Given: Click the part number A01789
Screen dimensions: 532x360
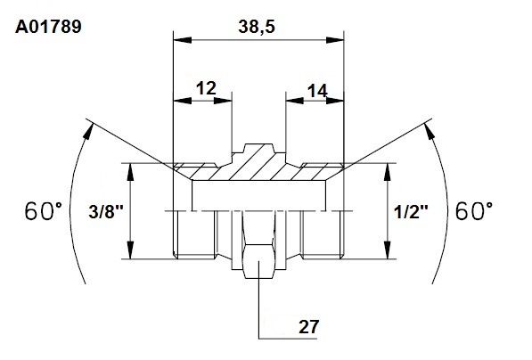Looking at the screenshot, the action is [48, 27].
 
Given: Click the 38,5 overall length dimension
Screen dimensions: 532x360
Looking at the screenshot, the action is [257, 27].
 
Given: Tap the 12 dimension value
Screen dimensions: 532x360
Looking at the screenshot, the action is [206, 88].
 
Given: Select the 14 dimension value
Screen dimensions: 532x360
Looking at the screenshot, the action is [317, 91].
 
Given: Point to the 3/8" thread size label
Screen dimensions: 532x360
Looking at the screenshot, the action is [106, 212].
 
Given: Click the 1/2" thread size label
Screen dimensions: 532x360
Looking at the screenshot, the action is [411, 212].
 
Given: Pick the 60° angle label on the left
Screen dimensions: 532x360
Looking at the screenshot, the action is [44, 211].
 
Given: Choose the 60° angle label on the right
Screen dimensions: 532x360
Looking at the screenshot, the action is [474, 211].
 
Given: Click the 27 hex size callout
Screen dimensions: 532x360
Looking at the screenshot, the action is [308, 327].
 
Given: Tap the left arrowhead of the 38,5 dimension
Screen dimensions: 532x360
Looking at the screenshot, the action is [182, 40].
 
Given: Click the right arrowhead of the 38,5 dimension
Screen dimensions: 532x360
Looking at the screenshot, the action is [335, 40].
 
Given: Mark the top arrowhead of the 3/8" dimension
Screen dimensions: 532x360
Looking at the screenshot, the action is [130, 172].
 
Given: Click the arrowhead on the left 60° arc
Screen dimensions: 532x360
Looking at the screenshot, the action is [88, 131].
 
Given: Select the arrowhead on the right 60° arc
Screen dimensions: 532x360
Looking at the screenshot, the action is [430, 131].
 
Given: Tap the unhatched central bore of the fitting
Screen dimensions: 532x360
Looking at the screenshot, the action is [259, 195].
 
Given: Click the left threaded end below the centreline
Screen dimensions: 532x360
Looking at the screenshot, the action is [194, 234].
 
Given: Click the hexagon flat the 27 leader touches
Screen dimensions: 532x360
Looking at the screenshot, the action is [259, 261].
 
